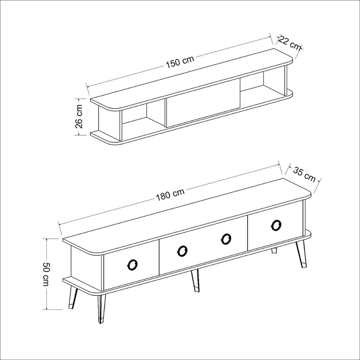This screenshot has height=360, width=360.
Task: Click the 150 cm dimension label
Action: click(x=180, y=62)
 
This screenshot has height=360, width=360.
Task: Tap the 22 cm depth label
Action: click(x=289, y=43)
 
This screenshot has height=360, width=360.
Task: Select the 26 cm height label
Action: click(x=79, y=117)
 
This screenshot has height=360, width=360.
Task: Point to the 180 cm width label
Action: click(x=170, y=194)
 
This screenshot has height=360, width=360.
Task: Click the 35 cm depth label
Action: click(x=304, y=175)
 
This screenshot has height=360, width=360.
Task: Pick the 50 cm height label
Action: click(x=46, y=274)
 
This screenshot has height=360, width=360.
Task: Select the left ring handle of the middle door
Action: click(x=183, y=251)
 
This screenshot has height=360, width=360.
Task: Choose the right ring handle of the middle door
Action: click(x=226, y=239)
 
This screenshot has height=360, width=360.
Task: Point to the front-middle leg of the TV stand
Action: click(x=195, y=280)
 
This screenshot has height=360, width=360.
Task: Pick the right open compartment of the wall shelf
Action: click(x=262, y=83)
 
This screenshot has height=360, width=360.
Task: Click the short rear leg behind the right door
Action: click(x=274, y=251)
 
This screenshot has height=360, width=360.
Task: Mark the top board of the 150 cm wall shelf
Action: click(x=191, y=78)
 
